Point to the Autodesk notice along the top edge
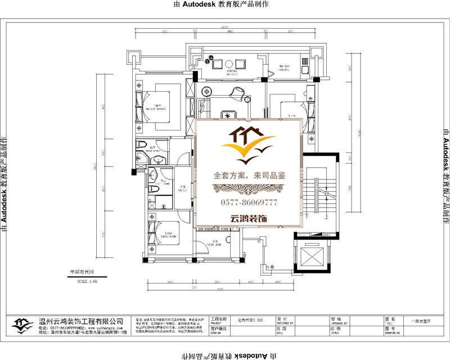coord(225,4)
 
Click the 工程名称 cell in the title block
coord(219,319)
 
